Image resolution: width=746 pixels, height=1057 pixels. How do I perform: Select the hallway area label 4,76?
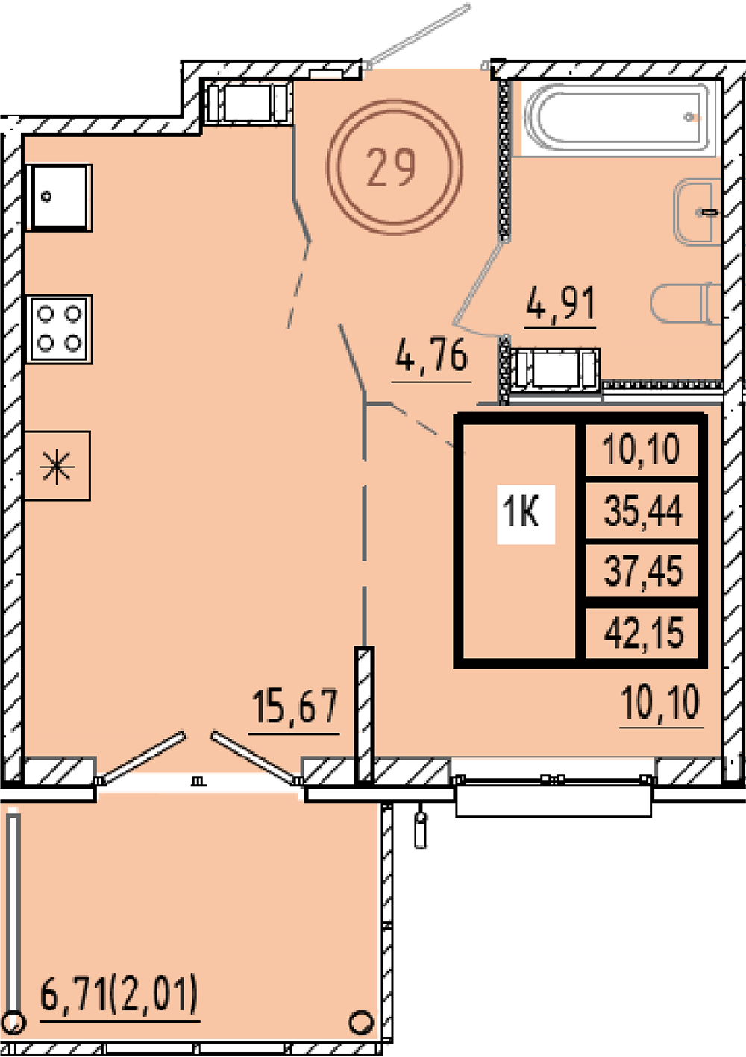431,356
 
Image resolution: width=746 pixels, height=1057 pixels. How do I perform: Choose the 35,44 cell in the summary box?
643,511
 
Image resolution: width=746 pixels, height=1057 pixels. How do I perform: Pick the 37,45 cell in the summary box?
643,571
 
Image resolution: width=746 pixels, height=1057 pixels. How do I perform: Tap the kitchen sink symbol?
59,198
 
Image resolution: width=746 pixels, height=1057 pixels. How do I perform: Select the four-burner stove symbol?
59,329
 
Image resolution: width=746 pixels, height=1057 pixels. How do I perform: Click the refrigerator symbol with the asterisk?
57,466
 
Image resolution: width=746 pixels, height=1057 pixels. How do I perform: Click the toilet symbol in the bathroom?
685,304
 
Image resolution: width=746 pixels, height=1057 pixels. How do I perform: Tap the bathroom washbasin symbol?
698,212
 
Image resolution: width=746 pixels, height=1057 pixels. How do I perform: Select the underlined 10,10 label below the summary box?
660,703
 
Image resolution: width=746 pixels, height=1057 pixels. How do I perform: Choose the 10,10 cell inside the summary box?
641,449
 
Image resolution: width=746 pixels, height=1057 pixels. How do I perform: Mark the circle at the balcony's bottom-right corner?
361,1022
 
